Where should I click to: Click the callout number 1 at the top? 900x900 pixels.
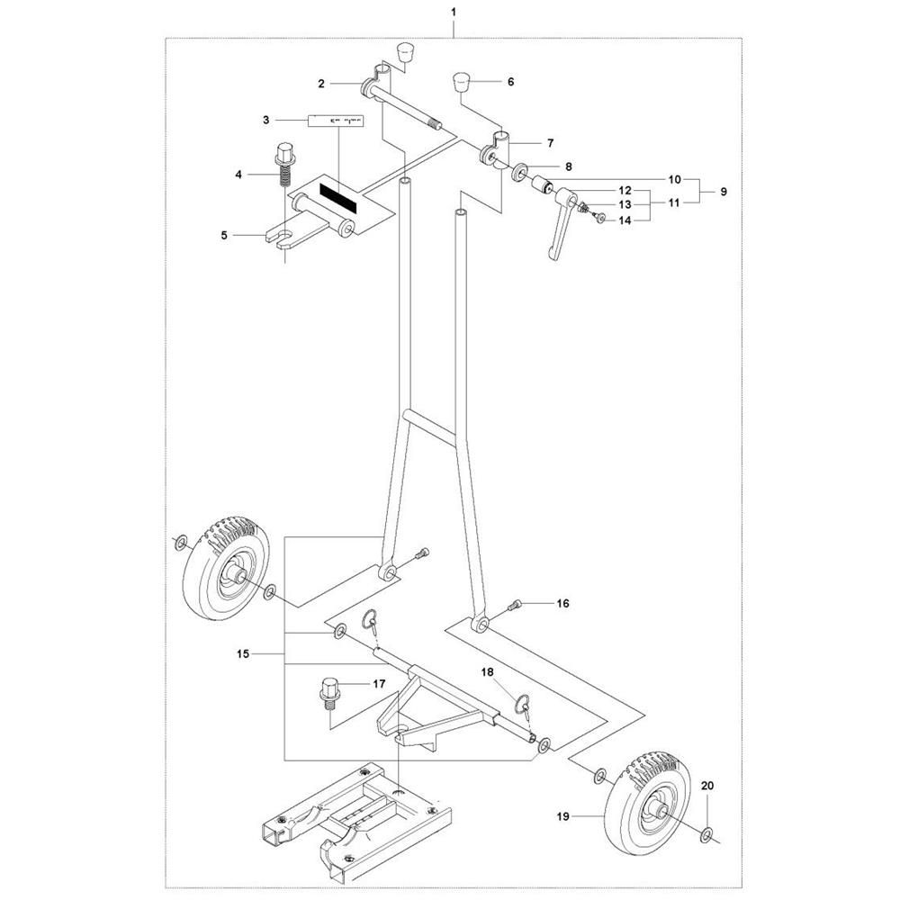[454, 12]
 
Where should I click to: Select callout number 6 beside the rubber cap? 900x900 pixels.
[511, 81]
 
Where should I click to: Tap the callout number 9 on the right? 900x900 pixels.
[723, 192]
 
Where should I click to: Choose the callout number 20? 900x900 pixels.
[706, 787]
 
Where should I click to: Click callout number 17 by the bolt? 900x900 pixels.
[379, 685]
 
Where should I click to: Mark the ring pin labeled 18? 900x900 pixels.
[521, 703]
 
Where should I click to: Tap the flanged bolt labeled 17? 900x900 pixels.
[328, 695]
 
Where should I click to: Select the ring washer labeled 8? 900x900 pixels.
[520, 170]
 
